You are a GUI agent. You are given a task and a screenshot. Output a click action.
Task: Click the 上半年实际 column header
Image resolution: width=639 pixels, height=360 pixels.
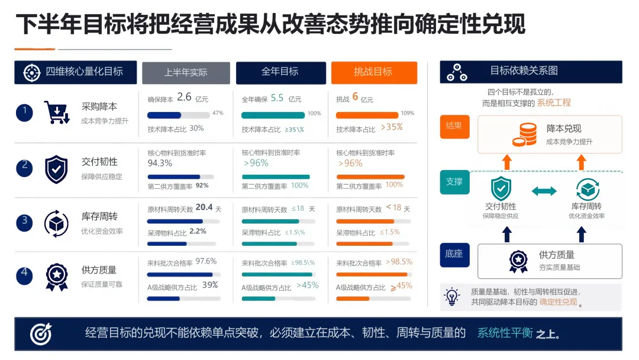click(186, 73)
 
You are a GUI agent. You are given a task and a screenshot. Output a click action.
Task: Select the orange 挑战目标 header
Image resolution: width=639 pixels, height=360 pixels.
click(374, 72)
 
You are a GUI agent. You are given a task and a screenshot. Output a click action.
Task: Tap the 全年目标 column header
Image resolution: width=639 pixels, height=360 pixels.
click(281, 72)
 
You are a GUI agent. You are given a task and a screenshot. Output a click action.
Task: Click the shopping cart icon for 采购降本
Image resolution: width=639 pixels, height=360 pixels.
click(56, 112)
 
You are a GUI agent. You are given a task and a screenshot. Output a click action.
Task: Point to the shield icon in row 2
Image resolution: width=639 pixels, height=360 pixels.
click(56, 169)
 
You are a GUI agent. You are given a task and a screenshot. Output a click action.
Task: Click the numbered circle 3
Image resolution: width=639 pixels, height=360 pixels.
click(24, 222)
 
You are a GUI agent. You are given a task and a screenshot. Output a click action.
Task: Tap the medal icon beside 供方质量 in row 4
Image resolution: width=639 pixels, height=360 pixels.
click(57, 277)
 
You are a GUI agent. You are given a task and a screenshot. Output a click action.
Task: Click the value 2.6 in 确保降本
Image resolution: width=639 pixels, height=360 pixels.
click(184, 97)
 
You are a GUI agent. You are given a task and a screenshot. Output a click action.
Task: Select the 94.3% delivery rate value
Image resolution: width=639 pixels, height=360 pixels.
click(160, 163)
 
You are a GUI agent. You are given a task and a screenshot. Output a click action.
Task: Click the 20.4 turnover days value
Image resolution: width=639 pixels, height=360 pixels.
click(204, 207)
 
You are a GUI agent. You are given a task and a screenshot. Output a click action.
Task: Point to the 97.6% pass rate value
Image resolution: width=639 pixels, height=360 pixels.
click(206, 261)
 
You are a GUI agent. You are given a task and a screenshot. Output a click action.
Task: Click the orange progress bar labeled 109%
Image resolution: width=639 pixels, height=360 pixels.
click(367, 115)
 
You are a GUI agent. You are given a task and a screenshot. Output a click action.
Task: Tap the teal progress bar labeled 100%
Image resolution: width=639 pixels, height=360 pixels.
click(273, 115)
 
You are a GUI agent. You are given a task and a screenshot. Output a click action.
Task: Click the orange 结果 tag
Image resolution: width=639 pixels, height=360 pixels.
click(454, 127)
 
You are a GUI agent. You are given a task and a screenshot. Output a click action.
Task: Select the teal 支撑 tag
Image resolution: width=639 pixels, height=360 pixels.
click(454, 182)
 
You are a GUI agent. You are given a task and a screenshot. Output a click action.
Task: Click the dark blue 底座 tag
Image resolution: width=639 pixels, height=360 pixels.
click(454, 255)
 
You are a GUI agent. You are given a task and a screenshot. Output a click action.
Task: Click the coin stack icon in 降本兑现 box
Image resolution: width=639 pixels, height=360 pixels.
click(525, 134)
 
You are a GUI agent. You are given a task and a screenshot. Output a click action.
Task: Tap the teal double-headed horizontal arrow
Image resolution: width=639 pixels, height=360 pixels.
click(544, 191)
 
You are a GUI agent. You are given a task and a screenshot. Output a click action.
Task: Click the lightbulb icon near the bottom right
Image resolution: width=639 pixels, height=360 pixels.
click(451, 297)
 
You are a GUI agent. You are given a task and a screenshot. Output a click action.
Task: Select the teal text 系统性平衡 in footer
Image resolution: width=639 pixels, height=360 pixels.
click(505, 333)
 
